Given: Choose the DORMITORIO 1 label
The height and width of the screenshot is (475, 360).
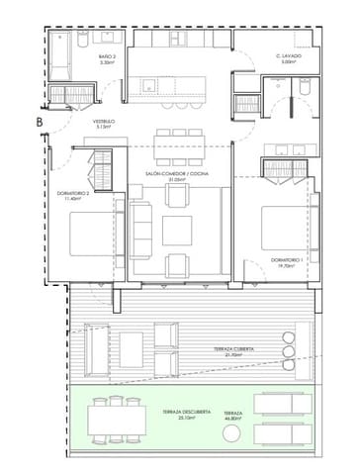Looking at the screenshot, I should click(x=288, y=259).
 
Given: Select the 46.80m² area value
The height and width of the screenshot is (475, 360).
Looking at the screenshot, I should click(x=233, y=420).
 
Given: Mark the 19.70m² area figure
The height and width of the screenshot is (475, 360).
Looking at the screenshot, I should click(x=288, y=266).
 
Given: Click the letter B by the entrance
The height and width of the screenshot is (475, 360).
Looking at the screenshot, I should click(x=39, y=122).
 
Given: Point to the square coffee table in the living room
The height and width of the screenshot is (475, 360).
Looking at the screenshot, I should click(x=178, y=231).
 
